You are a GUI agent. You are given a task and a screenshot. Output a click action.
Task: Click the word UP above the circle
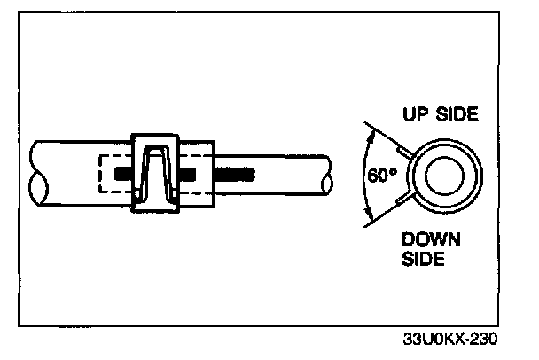tap(418, 114)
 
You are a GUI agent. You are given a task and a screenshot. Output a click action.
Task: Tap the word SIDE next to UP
tap(459, 114)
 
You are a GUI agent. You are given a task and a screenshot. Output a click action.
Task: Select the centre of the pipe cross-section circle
tap(440, 176)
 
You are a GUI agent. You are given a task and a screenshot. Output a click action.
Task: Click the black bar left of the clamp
tap(123, 170)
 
